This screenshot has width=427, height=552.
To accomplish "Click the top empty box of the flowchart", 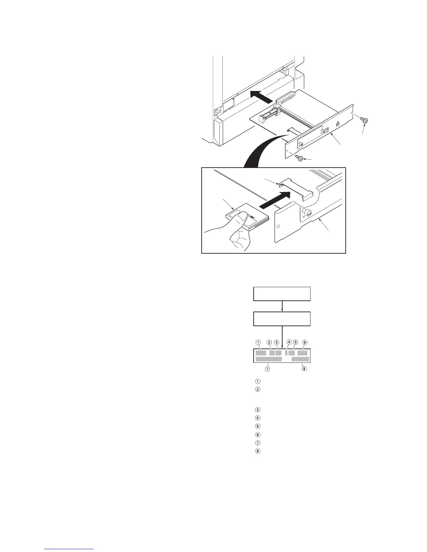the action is [282, 294].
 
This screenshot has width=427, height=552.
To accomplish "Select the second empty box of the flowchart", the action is [282, 319].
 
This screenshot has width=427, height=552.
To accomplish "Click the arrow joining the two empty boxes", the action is [282, 306].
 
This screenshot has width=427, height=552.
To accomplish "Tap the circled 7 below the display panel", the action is [268, 368].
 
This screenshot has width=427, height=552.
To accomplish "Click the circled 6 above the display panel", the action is [305, 342].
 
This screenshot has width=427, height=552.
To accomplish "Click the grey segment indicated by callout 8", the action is [300, 359].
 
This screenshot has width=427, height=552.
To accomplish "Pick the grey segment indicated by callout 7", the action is [269, 359].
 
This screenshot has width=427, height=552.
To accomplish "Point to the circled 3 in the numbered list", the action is [257, 409].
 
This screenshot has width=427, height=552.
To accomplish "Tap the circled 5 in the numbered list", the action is [257, 426].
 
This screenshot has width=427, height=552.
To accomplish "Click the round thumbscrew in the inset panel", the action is [307, 212].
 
